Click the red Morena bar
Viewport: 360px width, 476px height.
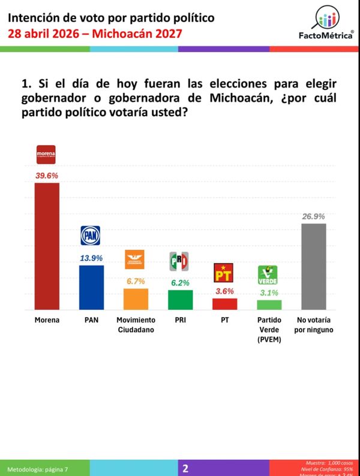coord(46,246)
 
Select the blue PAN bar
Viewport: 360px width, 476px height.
coord(91,287)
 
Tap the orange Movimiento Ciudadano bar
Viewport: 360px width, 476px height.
coord(136,299)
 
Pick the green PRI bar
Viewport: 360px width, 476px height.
coord(180,300)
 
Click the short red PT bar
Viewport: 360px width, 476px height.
coord(224,304)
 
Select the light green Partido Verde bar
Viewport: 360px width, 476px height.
coord(269,305)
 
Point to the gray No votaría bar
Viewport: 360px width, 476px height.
coord(313,267)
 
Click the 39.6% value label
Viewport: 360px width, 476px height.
coord(46,175)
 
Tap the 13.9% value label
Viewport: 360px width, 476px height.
coord(91,258)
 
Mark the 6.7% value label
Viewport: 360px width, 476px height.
coord(136,281)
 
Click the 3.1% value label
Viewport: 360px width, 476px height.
coord(269,293)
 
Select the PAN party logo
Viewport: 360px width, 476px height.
coord(91,236)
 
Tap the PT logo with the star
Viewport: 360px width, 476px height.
coord(224,273)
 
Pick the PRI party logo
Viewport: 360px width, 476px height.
coord(180,261)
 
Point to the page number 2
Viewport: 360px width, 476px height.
coord(185,468)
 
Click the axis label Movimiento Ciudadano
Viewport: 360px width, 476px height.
coord(136,324)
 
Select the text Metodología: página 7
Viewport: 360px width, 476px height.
coord(41,469)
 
